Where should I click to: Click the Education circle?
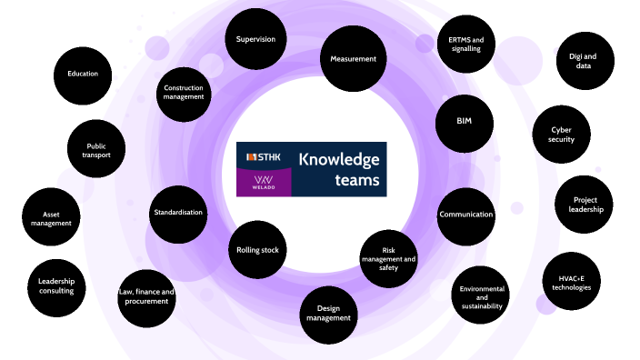point(83,74)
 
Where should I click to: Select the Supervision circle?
point(256,39)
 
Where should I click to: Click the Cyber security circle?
point(561,135)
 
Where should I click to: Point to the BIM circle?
point(464,121)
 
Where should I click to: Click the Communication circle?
point(466,215)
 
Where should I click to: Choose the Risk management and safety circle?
point(389,259)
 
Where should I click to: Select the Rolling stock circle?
point(256,250)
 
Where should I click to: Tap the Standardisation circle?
point(178,212)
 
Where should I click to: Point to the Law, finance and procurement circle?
point(146,296)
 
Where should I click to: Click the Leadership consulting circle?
point(56,287)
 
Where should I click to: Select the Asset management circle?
point(45,219)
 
